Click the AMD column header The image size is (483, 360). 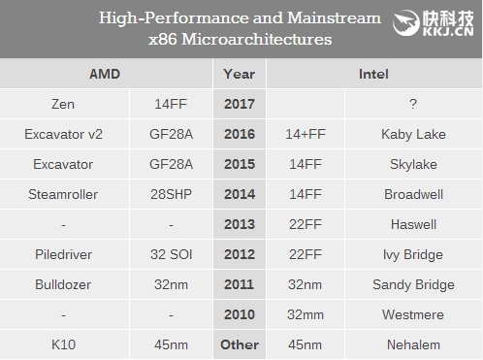click(107, 73)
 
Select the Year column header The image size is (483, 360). click(240, 73)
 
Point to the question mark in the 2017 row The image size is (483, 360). click(413, 103)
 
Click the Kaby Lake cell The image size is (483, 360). click(413, 133)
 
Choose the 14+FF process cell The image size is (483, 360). click(306, 133)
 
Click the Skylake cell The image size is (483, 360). click(413, 163)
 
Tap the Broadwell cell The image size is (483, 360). click(413, 193)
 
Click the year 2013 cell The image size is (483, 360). click(240, 223)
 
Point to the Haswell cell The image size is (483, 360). click(413, 223)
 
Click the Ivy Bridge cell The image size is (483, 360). click(413, 253)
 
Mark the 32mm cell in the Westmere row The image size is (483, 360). click(306, 314)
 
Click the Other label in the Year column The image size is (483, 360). click(240, 344)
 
